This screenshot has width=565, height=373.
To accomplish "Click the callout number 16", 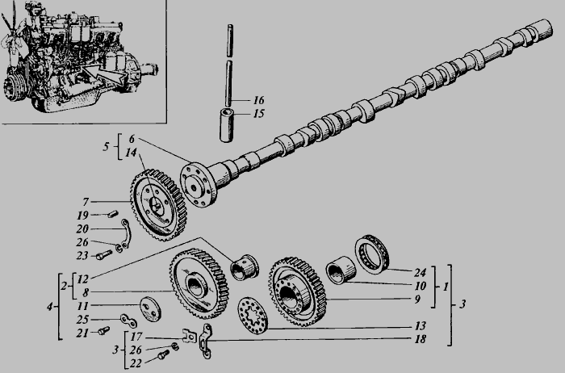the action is pyautogui.click(x=259, y=100).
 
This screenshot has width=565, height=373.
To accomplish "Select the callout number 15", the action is pyautogui.click(x=259, y=114).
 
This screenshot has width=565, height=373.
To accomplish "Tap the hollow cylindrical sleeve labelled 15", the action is pyautogui.click(x=226, y=125).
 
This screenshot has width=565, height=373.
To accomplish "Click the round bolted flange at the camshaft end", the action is pyautogui.click(x=199, y=185).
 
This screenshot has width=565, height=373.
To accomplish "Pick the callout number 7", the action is pyautogui.click(x=86, y=202).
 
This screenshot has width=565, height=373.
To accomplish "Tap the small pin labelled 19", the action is pyautogui.click(x=113, y=215).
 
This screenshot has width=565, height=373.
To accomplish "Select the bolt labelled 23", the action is pyautogui.click(x=104, y=255).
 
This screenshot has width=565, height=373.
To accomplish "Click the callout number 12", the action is pyautogui.click(x=82, y=279).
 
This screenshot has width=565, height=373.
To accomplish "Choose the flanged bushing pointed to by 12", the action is pyautogui.click(x=245, y=266).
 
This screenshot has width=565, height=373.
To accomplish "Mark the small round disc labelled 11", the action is pyautogui.click(x=151, y=309).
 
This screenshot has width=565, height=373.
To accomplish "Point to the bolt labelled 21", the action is pyautogui.click(x=104, y=330).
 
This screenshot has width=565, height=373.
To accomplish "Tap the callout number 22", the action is pyautogui.click(x=136, y=363).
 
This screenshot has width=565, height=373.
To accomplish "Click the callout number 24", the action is pyautogui.click(x=421, y=272).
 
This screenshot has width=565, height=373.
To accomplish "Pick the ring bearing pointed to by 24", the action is pyautogui.click(x=372, y=254).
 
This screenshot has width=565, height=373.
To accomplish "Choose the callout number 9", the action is pyautogui.click(x=417, y=299).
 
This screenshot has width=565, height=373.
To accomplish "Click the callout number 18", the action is pyautogui.click(x=421, y=339).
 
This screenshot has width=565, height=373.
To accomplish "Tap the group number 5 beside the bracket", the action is pyautogui.click(x=106, y=146).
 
